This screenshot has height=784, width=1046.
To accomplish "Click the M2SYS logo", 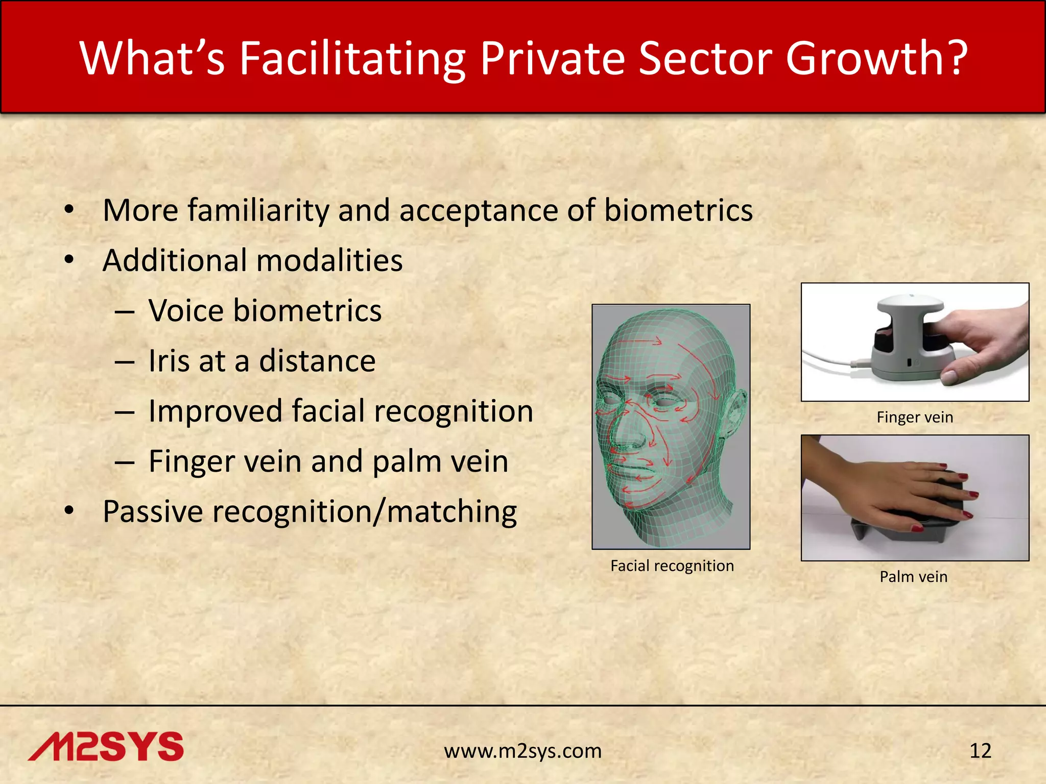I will pos(106,746).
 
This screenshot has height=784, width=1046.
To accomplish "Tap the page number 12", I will pos(980,751).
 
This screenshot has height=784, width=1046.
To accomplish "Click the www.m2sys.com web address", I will pos(522,751).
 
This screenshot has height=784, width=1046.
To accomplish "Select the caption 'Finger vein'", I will pos(915,417).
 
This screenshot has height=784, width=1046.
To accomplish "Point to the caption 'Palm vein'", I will pos(913,576).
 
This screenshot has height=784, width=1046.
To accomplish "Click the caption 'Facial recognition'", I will pos(672,566).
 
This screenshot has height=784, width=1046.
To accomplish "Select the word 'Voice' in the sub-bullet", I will pos(186,310).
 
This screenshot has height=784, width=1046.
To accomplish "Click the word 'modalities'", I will pos(329,260).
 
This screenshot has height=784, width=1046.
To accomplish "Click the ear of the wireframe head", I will pos(734,413).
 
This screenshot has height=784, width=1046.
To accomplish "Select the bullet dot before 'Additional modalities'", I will pos(69,260).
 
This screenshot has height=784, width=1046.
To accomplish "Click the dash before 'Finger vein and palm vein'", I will pos(125,462).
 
